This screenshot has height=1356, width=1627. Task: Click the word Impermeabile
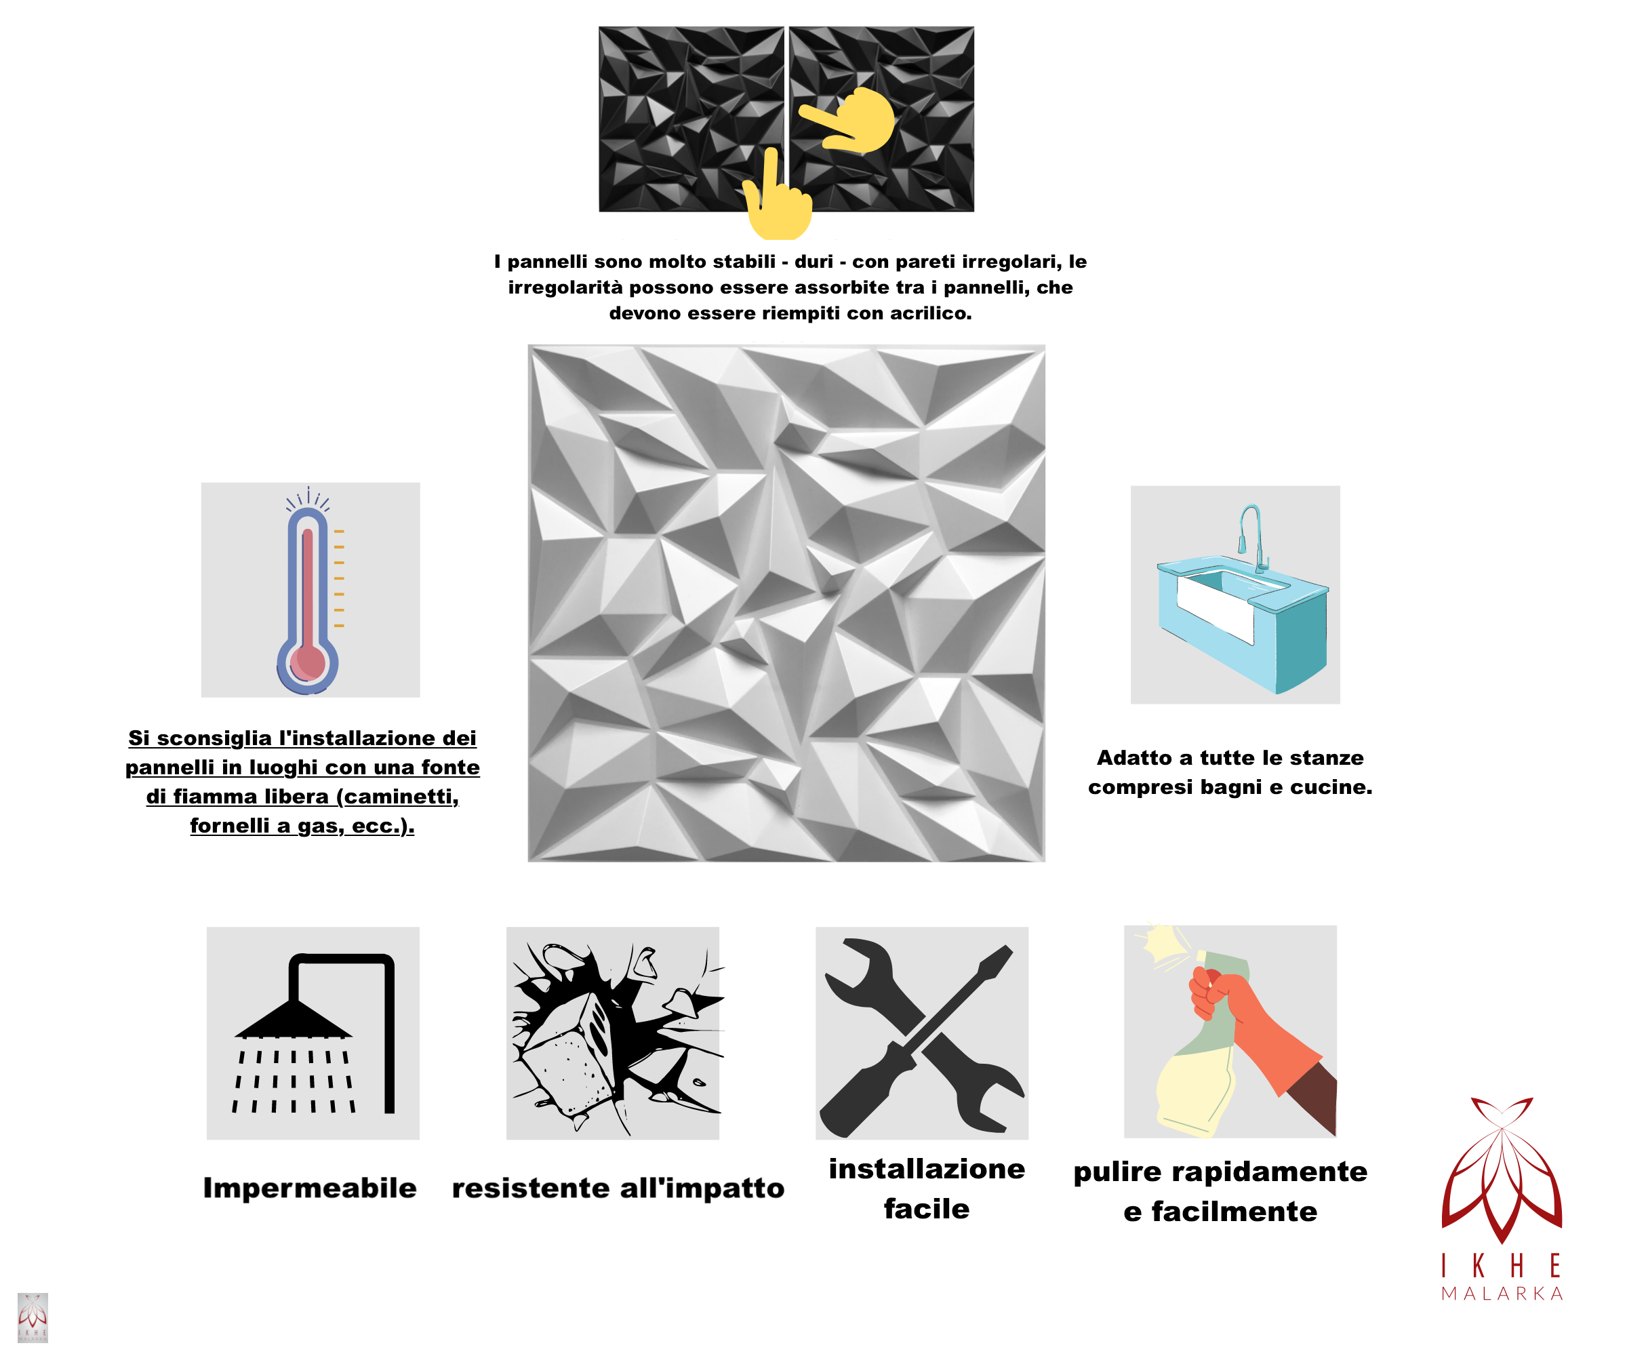pyautogui.click(x=310, y=1188)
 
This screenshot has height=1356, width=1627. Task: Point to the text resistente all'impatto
pyautogui.click(x=618, y=1188)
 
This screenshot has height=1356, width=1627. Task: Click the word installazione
pyautogui.click(x=927, y=1168)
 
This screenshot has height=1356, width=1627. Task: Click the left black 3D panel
pyautogui.click(x=691, y=119)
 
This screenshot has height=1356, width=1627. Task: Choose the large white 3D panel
pyautogui.click(x=786, y=603)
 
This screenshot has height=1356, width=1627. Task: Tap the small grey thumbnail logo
pyautogui.click(x=33, y=1317)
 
